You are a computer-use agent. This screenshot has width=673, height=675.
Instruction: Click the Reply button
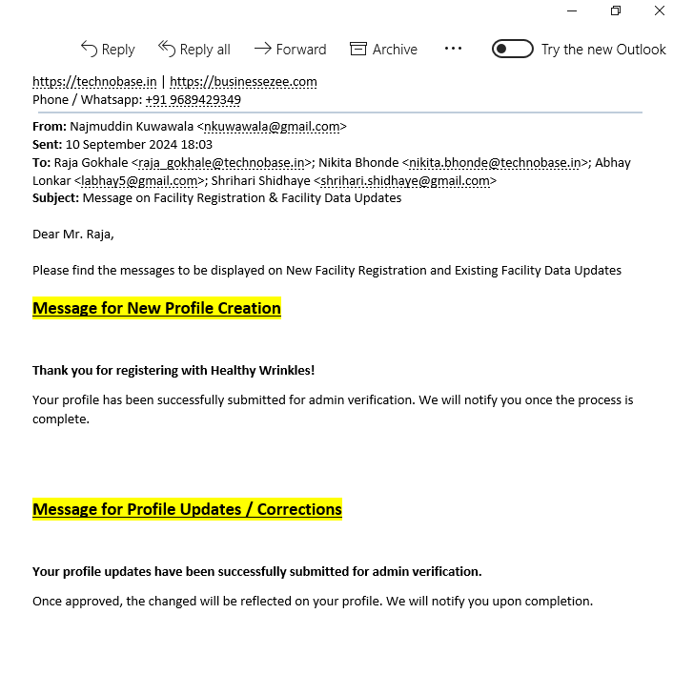click(x=108, y=49)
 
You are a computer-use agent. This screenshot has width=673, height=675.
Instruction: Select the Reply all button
click(x=194, y=49)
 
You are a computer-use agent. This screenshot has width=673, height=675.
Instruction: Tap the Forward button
click(x=291, y=49)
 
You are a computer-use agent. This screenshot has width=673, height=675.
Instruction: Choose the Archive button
click(x=383, y=49)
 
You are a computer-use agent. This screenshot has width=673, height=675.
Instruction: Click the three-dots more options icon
click(x=453, y=49)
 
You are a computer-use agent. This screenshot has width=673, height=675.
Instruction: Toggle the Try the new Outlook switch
click(x=512, y=49)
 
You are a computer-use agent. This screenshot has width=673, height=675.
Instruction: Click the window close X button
click(x=660, y=10)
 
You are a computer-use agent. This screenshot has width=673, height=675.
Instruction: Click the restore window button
click(x=616, y=10)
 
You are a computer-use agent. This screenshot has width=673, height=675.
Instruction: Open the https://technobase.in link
click(x=94, y=82)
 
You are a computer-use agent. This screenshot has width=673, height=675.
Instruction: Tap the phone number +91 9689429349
click(x=193, y=99)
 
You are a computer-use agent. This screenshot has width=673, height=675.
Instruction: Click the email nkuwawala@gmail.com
click(x=272, y=126)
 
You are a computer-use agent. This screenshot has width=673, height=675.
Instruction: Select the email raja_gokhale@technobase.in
click(x=221, y=162)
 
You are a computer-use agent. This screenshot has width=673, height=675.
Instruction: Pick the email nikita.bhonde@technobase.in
click(x=495, y=162)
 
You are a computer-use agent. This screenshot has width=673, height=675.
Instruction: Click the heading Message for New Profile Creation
click(x=156, y=308)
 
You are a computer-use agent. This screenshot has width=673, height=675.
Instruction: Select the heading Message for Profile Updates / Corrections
click(x=187, y=509)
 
